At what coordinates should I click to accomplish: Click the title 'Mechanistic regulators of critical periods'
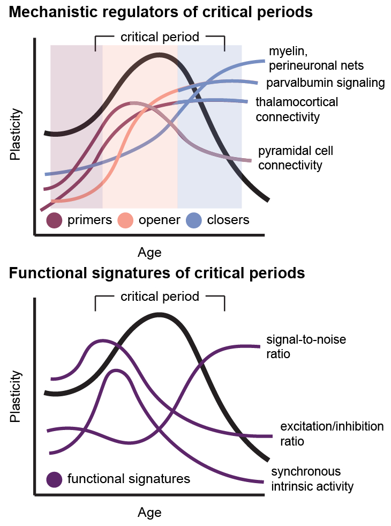click(161, 12)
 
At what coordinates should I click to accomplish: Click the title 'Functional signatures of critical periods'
click(157, 273)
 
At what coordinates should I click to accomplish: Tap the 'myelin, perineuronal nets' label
click(316, 58)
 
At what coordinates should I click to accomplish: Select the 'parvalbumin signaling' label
click(326, 83)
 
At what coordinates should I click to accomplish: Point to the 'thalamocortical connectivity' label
click(297, 109)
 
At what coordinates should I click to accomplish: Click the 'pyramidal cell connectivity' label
click(296, 158)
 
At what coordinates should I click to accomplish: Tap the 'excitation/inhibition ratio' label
click(332, 434)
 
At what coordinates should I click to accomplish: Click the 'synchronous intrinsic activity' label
click(312, 479)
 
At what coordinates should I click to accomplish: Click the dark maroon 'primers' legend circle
click(55, 220)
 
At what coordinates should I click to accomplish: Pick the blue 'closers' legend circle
click(193, 220)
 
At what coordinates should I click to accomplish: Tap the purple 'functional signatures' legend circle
click(55, 479)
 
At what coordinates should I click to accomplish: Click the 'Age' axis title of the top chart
click(149, 252)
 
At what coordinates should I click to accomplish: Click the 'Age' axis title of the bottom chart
click(149, 513)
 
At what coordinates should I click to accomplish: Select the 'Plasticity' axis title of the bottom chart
click(16, 396)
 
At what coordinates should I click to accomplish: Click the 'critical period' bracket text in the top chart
click(160, 37)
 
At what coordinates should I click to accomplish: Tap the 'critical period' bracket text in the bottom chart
click(160, 297)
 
